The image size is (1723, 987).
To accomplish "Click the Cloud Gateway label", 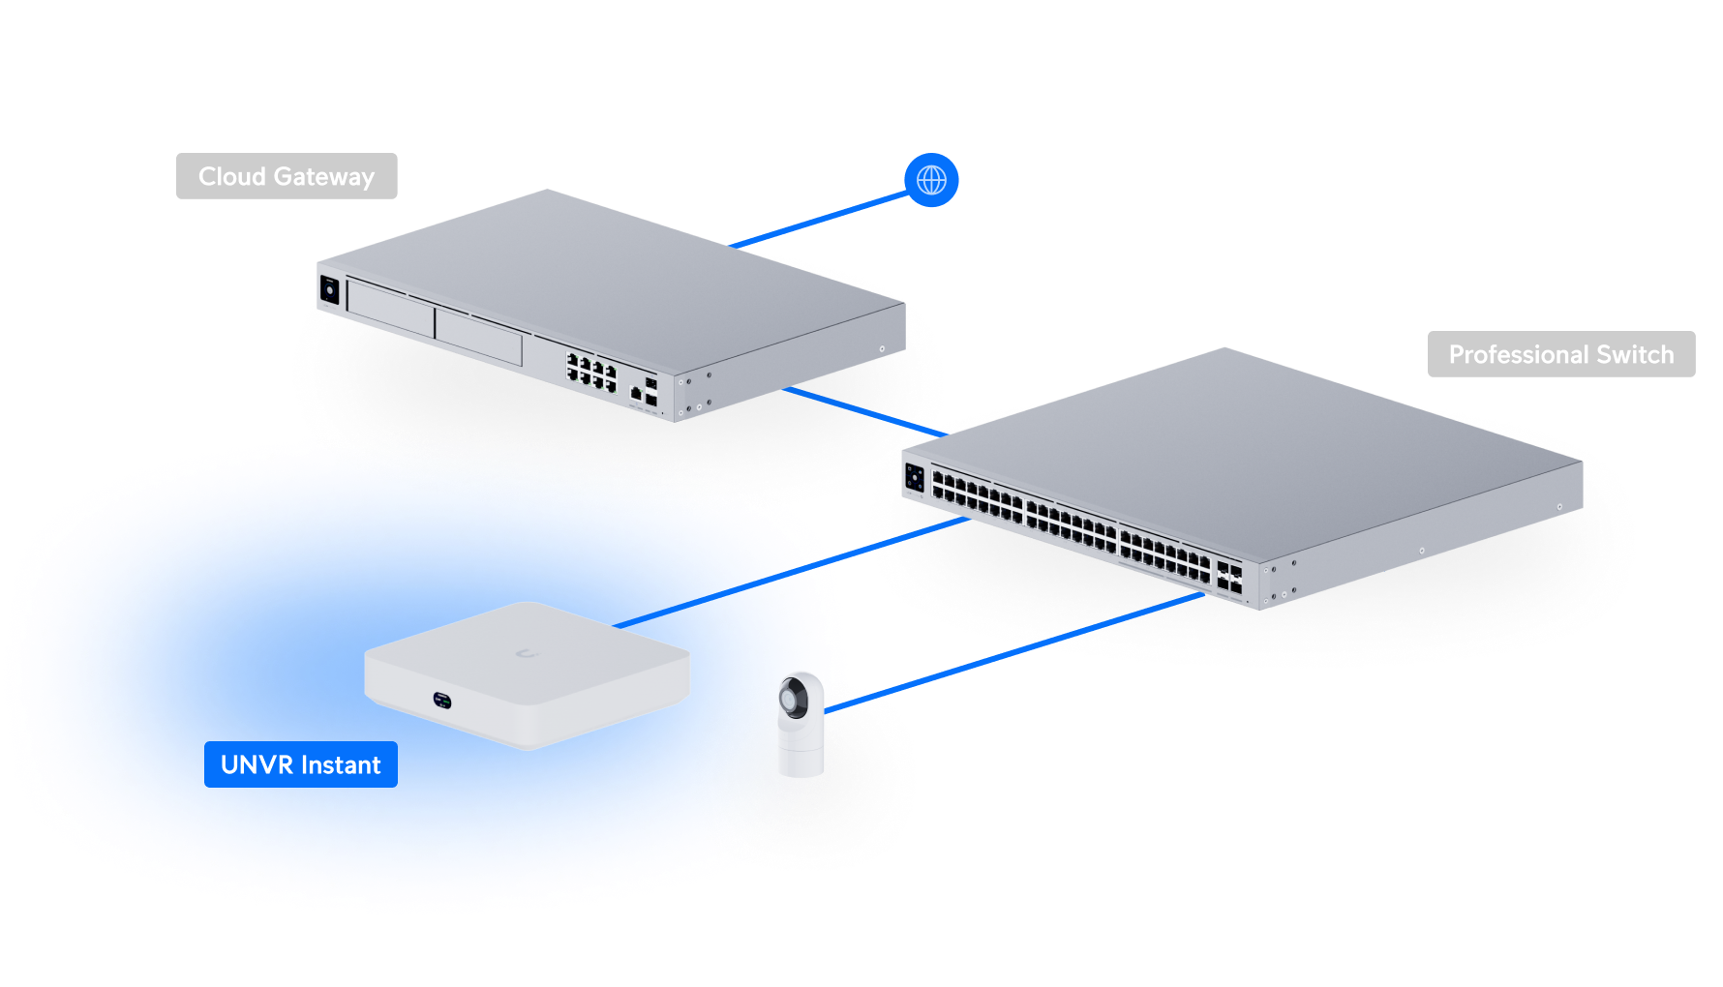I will coord(287,176).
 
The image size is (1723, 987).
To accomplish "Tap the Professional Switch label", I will coord(1560,354).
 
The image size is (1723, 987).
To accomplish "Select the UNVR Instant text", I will coord(300,765).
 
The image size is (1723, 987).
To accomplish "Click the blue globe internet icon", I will coord(931,180).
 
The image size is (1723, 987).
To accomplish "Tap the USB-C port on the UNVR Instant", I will coord(442,698).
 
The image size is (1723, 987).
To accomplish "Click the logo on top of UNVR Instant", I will coord(527,654).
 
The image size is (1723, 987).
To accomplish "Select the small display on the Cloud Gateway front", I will coord(330,289).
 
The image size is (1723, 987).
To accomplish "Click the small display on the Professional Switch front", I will coord(915,477).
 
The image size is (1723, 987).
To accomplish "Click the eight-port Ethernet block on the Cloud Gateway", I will coord(591,373).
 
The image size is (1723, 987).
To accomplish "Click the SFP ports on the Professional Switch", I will coord(1229,577).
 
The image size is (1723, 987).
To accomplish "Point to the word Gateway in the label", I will coord(323,176).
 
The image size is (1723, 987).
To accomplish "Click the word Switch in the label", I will coord(1635,354).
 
